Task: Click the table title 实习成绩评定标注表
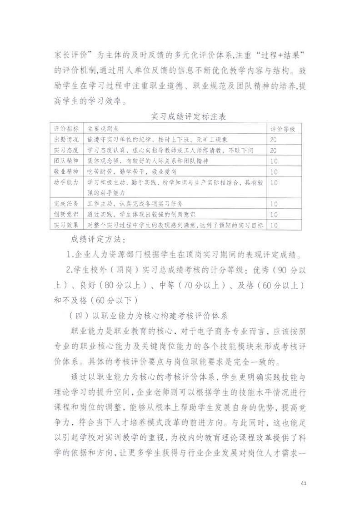189,117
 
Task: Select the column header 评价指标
66,129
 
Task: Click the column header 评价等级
283,129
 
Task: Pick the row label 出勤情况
66,139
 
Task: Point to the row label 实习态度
66,150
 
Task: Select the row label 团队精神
66,161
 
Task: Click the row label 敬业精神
66,172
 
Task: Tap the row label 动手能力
66,182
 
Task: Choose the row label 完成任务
66,203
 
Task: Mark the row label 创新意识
66,214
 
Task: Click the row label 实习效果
66,225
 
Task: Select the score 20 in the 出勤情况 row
274,139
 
